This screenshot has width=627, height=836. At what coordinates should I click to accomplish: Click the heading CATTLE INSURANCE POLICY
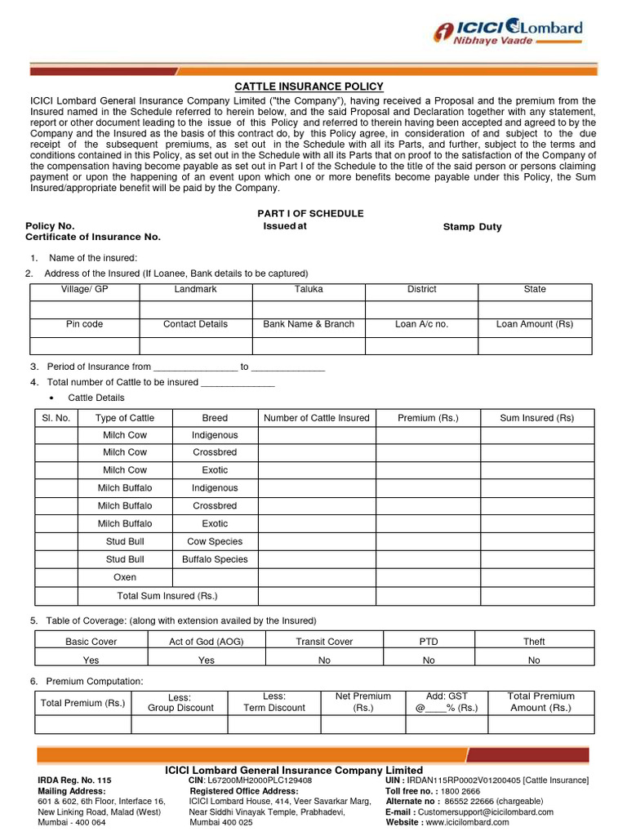pos(309,87)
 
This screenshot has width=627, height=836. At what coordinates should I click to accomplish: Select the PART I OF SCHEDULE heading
pos(310,213)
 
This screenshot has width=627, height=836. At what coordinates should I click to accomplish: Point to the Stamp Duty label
pos(472,227)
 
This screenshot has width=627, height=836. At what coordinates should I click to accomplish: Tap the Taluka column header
pos(309,290)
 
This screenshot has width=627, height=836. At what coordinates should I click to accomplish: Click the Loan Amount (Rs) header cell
pos(535,324)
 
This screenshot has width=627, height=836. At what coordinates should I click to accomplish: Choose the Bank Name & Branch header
pos(309,324)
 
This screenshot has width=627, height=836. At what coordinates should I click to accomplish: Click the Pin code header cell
pos(84,324)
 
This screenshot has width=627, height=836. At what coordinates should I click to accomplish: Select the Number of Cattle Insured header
pos(317,418)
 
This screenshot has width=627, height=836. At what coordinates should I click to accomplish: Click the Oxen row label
pos(125,577)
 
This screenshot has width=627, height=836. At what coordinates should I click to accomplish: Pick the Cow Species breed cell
pos(215,541)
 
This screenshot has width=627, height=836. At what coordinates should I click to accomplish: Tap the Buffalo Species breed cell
pos(215,559)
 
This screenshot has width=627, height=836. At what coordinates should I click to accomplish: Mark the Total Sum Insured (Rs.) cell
pos(167,596)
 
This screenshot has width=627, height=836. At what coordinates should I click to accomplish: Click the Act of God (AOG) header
pos(207,642)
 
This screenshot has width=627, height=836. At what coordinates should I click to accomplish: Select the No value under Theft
pos(534,660)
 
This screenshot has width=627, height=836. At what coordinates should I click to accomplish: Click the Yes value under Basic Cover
pos(91,660)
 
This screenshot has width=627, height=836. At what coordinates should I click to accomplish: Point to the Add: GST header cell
pos(447,702)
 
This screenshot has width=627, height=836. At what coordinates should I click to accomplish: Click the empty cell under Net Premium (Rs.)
pos(362,724)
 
